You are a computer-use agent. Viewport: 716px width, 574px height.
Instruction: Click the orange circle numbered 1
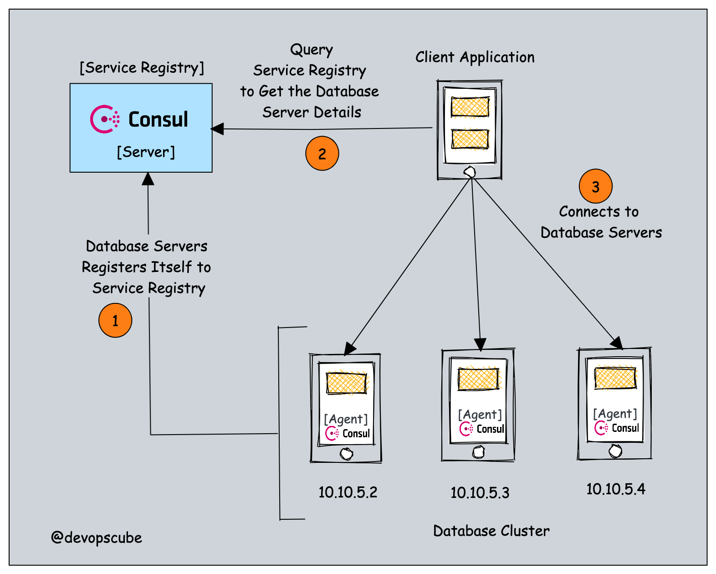[x=115, y=321]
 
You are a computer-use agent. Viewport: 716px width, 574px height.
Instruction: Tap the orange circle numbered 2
[x=322, y=154]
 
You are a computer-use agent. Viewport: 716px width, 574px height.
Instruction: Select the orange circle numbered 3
[x=595, y=186]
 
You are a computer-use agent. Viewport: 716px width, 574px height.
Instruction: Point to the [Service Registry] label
[x=142, y=68]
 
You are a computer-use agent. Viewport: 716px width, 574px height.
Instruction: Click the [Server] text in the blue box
[x=146, y=152]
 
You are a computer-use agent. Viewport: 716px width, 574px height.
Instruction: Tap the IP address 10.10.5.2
[x=348, y=492]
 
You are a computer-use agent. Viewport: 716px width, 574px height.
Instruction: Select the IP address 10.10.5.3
[x=480, y=492]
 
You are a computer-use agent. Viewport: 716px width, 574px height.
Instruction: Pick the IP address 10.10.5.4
[x=615, y=489]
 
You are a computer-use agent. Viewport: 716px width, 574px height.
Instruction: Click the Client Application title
[x=475, y=57]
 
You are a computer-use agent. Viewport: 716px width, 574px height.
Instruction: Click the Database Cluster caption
[x=491, y=531]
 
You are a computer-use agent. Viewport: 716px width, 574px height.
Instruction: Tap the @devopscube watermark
[x=97, y=538]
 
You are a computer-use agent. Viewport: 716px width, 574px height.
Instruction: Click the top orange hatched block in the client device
[x=470, y=108]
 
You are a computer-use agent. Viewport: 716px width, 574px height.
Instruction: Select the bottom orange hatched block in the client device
[x=470, y=139]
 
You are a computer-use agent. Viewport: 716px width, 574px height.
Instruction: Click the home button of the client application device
[x=469, y=172]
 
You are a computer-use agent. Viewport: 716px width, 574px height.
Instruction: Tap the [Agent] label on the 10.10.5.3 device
[x=480, y=415]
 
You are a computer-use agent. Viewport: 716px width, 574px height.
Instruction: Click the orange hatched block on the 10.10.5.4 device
[x=615, y=379]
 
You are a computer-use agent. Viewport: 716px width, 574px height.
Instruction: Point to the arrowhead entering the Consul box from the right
[x=217, y=129]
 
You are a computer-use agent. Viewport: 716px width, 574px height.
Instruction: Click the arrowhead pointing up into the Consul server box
[x=148, y=179]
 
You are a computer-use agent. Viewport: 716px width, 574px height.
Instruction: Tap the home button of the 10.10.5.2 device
[x=347, y=454]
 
